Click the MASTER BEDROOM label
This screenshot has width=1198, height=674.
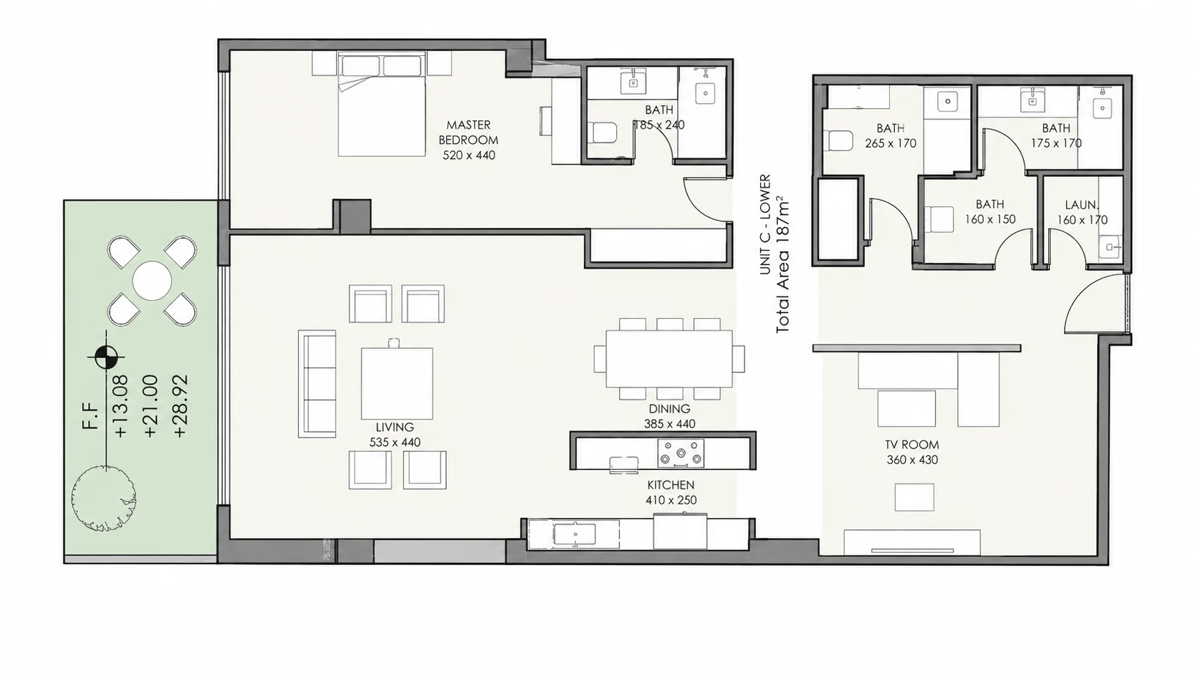tap(469, 133)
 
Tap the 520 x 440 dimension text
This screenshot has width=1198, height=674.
tap(469, 155)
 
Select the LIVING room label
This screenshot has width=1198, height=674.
tap(395, 427)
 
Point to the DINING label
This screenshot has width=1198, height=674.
tap(670, 409)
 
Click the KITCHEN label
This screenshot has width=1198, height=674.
tap(671, 485)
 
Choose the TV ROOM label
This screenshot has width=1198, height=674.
tap(912, 445)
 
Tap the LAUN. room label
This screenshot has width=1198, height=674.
tap(1081, 205)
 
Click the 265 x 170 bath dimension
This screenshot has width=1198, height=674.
tap(891, 143)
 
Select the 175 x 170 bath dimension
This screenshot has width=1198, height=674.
tap(1056, 143)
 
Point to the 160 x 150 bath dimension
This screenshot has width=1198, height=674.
tap(990, 219)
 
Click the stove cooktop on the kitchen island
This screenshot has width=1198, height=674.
tap(681, 453)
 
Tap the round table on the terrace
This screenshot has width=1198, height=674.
tap(152, 281)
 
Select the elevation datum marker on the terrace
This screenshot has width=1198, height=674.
tap(106, 357)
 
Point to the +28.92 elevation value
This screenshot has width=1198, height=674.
tap(181, 406)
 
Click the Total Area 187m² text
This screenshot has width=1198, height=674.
tap(782, 264)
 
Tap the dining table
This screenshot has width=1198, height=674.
tap(669, 359)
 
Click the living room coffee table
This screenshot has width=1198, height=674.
tap(397, 384)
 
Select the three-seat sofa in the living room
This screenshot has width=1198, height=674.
tap(317, 384)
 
